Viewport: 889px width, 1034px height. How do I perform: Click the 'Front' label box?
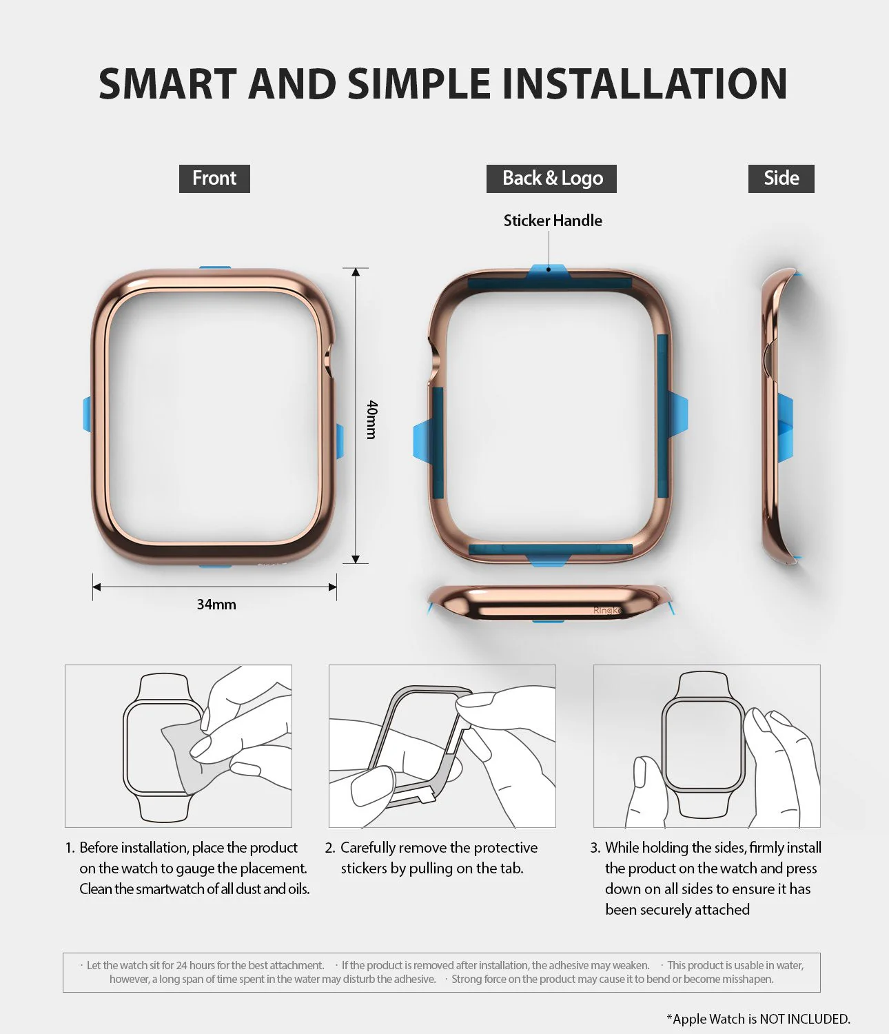(x=214, y=179)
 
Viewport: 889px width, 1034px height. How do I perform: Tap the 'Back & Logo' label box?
(x=551, y=179)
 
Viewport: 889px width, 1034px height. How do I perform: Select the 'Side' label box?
(x=781, y=179)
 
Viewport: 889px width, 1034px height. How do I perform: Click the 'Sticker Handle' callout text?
(x=553, y=221)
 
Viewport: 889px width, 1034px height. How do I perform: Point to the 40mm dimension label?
(x=371, y=420)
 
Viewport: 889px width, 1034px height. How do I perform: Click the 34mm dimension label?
(x=216, y=605)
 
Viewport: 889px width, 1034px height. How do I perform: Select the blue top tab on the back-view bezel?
(x=549, y=272)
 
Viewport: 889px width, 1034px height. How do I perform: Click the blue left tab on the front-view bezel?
(x=87, y=414)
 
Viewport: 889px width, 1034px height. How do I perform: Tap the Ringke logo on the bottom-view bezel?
(x=607, y=610)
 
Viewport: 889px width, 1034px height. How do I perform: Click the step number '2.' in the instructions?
(x=330, y=848)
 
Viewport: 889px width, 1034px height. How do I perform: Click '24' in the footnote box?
(x=181, y=965)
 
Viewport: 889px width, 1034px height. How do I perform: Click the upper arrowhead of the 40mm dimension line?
(x=356, y=272)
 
